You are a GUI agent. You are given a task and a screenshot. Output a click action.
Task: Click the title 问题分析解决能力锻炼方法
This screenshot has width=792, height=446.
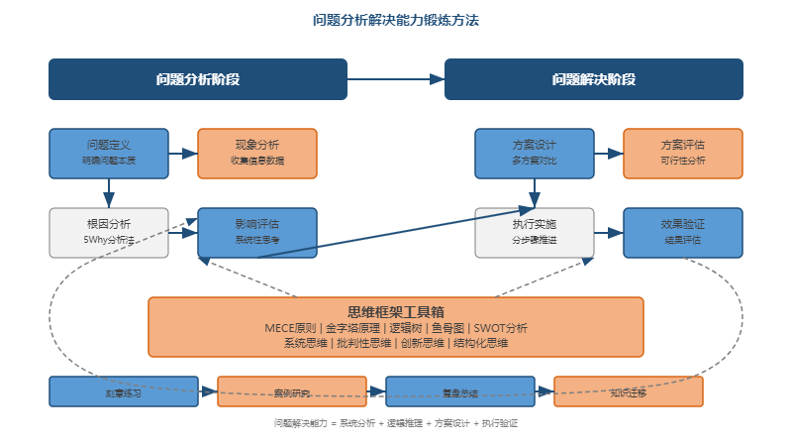pyautogui.click(x=395, y=20)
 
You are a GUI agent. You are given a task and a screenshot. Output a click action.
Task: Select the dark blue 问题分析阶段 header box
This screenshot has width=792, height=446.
pyautogui.click(x=198, y=79)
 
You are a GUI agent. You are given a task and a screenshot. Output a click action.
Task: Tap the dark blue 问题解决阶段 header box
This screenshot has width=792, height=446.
pyautogui.click(x=593, y=79)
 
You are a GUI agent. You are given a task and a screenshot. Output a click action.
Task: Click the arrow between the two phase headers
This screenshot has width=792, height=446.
pyautogui.click(x=396, y=79)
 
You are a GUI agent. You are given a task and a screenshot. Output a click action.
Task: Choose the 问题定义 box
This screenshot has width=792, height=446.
pyautogui.click(x=109, y=153)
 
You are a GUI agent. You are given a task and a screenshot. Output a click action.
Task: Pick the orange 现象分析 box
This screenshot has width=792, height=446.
pyautogui.click(x=257, y=153)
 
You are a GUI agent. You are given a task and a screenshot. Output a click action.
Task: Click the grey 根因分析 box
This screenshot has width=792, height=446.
pyautogui.click(x=109, y=232)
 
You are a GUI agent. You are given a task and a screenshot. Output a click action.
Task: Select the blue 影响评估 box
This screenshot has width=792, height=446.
pyautogui.click(x=257, y=232)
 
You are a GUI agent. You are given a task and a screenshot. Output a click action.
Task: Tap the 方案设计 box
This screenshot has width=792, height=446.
pyautogui.click(x=535, y=153)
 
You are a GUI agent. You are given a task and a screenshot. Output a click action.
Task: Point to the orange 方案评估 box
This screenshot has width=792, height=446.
pyautogui.click(x=683, y=153)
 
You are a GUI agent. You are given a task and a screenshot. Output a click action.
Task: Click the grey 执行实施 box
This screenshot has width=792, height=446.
pyautogui.click(x=535, y=232)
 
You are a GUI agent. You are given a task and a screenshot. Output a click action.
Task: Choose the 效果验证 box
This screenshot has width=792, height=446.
pyautogui.click(x=683, y=232)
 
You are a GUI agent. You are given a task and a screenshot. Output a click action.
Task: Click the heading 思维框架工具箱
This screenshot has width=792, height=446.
pyautogui.click(x=396, y=311)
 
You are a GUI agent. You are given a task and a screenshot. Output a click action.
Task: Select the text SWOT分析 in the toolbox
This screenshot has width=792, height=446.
pyautogui.click(x=501, y=328)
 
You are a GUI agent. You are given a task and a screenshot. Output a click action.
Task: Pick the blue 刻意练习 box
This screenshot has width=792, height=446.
pyautogui.click(x=124, y=392)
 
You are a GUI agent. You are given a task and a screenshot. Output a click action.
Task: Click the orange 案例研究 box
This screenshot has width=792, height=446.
pyautogui.click(x=292, y=392)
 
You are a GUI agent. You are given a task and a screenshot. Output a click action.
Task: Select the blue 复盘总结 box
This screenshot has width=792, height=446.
pyautogui.click(x=460, y=392)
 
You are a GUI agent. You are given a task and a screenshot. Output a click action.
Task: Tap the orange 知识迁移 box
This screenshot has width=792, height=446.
pyautogui.click(x=629, y=392)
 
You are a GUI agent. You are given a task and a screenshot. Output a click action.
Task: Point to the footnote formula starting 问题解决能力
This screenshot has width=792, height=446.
pyautogui.click(x=396, y=423)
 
